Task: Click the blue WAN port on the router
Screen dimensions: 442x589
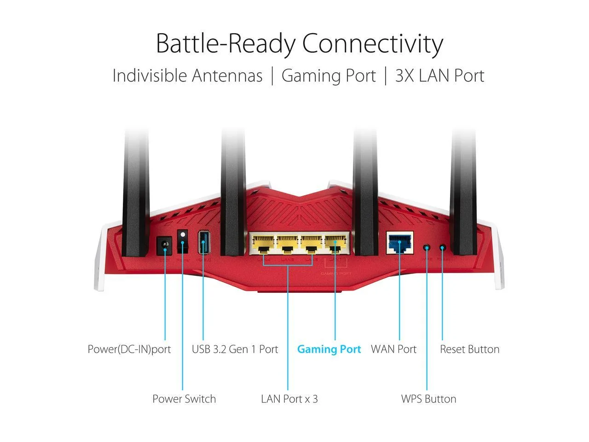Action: tap(399, 243)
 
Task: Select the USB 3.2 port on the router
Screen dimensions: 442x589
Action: tap(203, 242)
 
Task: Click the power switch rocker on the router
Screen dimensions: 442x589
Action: tap(183, 241)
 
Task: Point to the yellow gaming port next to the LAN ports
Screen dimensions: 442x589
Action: tap(335, 244)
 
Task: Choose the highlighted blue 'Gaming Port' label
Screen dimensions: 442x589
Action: tap(329, 349)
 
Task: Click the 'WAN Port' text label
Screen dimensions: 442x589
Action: tap(393, 349)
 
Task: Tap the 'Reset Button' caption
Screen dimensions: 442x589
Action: tap(469, 349)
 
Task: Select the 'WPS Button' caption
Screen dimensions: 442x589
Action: tap(428, 399)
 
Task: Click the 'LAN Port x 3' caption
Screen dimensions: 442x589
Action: tap(289, 399)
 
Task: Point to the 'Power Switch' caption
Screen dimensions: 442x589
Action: tap(184, 399)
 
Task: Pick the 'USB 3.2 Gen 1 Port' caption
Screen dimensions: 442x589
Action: tap(235, 349)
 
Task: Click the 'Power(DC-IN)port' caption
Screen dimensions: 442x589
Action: tap(129, 349)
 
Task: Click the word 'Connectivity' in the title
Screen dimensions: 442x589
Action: tap(372, 44)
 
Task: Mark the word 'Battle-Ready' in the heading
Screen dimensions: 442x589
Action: tap(225, 44)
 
